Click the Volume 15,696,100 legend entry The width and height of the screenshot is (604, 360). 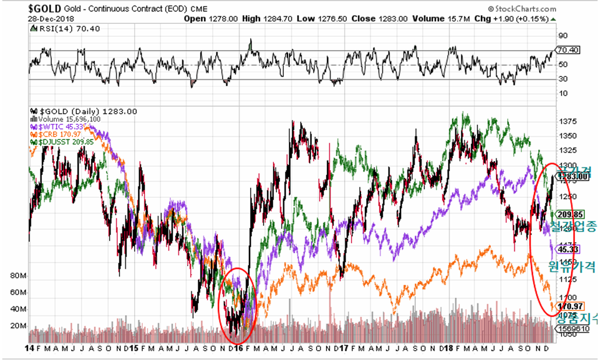[x=65, y=119]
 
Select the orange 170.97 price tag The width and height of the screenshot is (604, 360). [x=568, y=306]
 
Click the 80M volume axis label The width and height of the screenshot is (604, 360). [x=19, y=275]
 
